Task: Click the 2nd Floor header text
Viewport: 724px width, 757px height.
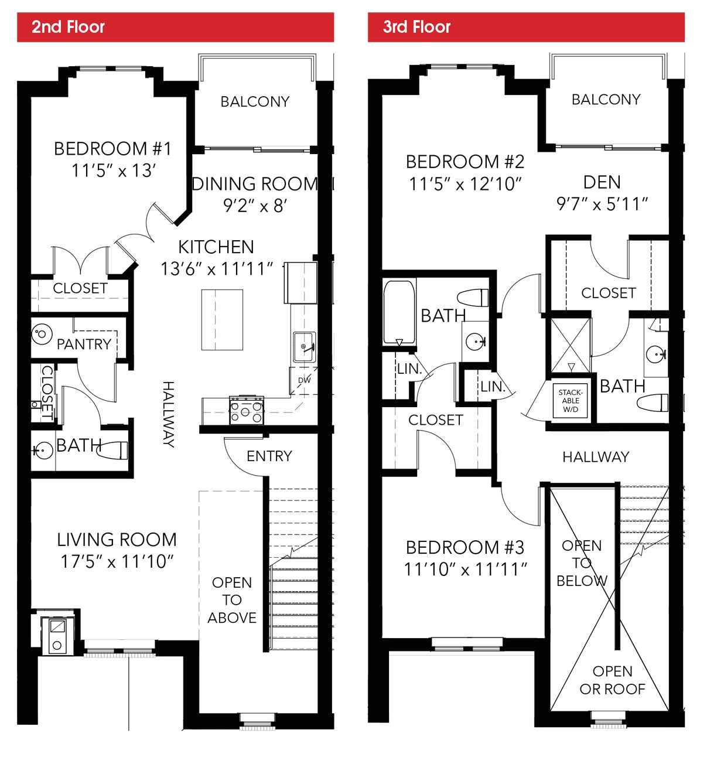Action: point(68,27)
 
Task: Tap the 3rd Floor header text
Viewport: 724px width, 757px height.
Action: point(416,27)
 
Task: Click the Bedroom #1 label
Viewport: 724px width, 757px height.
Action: point(112,149)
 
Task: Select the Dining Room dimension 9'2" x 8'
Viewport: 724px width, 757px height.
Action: point(255,206)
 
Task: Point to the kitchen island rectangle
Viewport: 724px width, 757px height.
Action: point(222,320)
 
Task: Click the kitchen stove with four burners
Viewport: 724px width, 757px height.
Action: point(247,409)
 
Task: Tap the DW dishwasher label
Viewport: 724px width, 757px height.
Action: point(305,380)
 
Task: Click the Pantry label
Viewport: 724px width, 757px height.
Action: point(84,344)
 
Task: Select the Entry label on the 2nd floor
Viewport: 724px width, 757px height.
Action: point(269,456)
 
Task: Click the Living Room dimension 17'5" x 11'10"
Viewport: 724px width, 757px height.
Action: point(117,561)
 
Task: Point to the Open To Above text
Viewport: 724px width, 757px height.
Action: point(232,600)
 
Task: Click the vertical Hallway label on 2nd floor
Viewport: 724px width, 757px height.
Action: point(168,414)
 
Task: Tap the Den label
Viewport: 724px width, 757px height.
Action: point(602,182)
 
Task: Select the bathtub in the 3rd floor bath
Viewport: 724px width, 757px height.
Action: point(399,312)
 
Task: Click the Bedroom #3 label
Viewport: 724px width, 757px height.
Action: point(465,547)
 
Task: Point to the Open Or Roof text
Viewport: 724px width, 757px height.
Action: point(612,680)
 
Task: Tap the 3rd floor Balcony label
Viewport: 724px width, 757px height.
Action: point(606,100)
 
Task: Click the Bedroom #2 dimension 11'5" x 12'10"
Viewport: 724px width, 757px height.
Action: point(465,184)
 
